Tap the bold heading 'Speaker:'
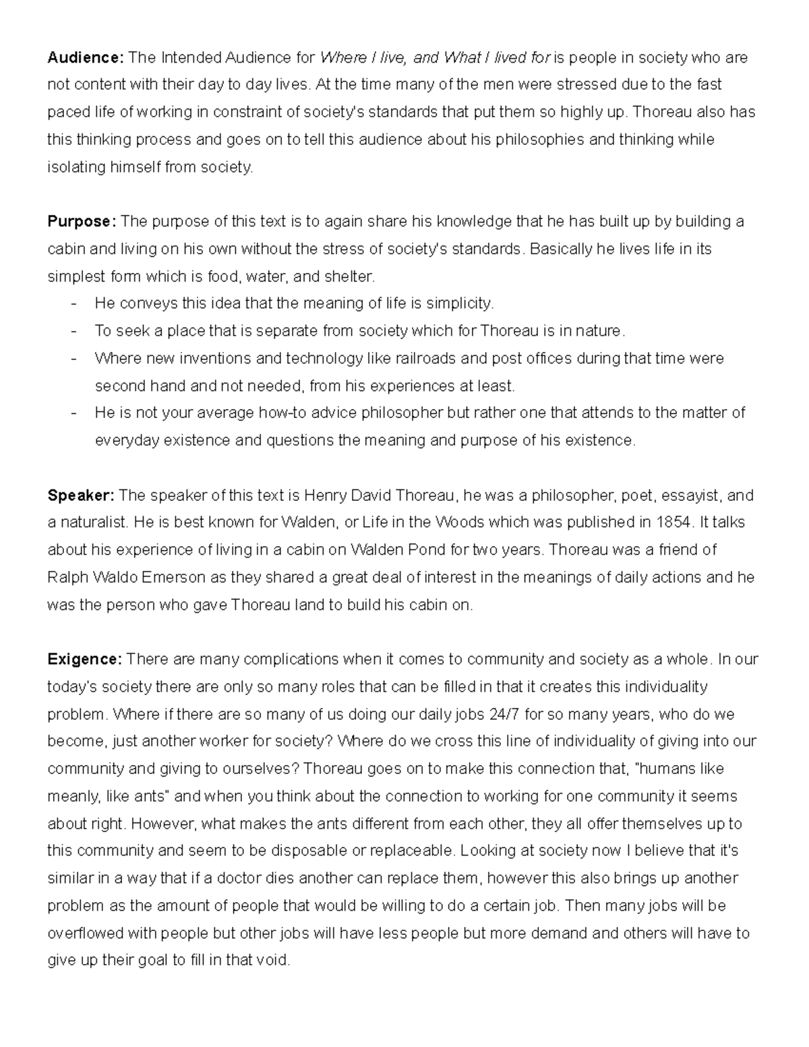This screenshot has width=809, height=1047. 81,496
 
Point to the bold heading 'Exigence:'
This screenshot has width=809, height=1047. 84,659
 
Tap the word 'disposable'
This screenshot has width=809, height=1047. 309,851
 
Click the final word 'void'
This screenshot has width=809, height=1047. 273,961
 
